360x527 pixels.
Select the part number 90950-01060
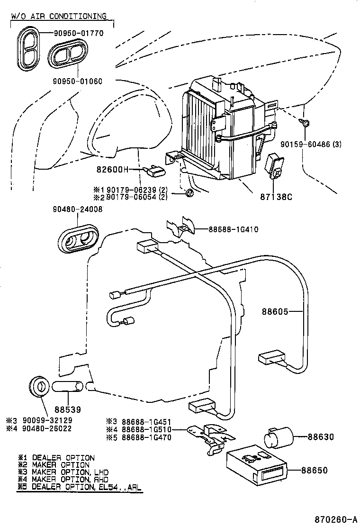(77, 81)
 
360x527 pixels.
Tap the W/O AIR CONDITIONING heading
(59, 16)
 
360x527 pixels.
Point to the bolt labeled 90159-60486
(305, 123)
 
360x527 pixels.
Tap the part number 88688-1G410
(233, 229)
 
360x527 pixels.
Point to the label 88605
(274, 311)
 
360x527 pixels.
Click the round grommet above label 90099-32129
(39, 386)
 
